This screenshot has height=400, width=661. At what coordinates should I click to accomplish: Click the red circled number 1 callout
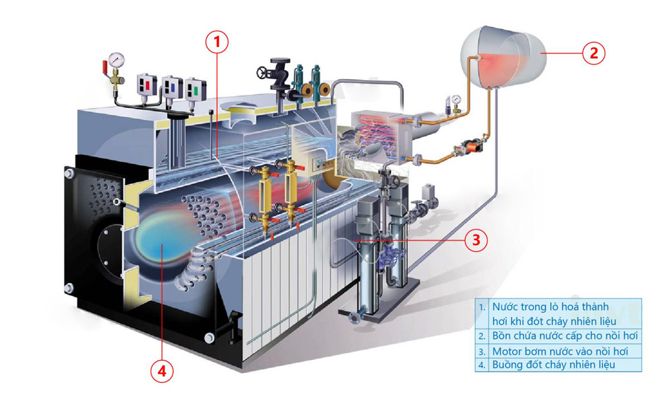click(x=217, y=42)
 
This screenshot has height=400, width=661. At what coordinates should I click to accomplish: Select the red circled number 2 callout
click(x=594, y=53)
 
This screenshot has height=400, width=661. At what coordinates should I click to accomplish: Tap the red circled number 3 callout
click(x=476, y=240)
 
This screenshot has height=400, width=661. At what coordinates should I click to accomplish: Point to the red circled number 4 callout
click(x=162, y=372)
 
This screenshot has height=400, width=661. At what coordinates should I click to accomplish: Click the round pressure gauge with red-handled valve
click(x=116, y=59)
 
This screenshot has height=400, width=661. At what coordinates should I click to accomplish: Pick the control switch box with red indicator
click(x=146, y=86)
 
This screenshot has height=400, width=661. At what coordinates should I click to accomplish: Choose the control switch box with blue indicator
click(x=172, y=88)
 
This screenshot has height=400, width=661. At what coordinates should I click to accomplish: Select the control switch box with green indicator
click(x=195, y=90)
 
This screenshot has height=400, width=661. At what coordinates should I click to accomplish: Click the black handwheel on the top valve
click(x=263, y=73)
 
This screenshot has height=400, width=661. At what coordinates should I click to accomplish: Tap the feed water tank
click(x=503, y=57)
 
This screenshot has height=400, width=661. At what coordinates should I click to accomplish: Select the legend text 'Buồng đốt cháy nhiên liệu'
click(x=553, y=365)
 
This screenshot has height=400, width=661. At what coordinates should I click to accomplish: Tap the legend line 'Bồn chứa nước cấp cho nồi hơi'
click(x=565, y=336)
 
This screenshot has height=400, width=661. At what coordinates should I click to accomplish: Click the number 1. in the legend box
click(x=482, y=307)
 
